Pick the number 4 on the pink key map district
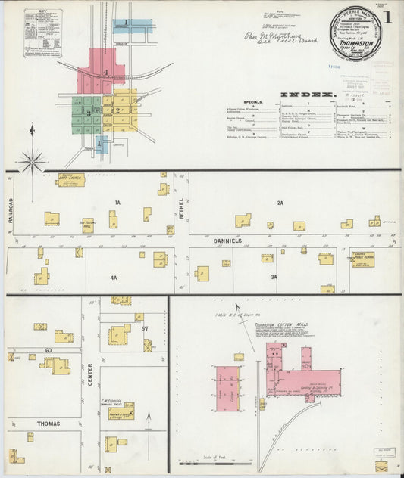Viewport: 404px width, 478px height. pyautogui.click(x=107, y=73)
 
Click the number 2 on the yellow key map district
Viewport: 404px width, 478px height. pyautogui.click(x=119, y=110)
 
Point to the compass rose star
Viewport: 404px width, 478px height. pyautogui.click(x=32, y=159)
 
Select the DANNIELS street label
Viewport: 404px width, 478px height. pyautogui.click(x=227, y=240)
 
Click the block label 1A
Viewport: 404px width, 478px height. pyautogui.click(x=117, y=203)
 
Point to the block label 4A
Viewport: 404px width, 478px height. pyautogui.click(x=114, y=278)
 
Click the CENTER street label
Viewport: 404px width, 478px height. pyautogui.click(x=89, y=371)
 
